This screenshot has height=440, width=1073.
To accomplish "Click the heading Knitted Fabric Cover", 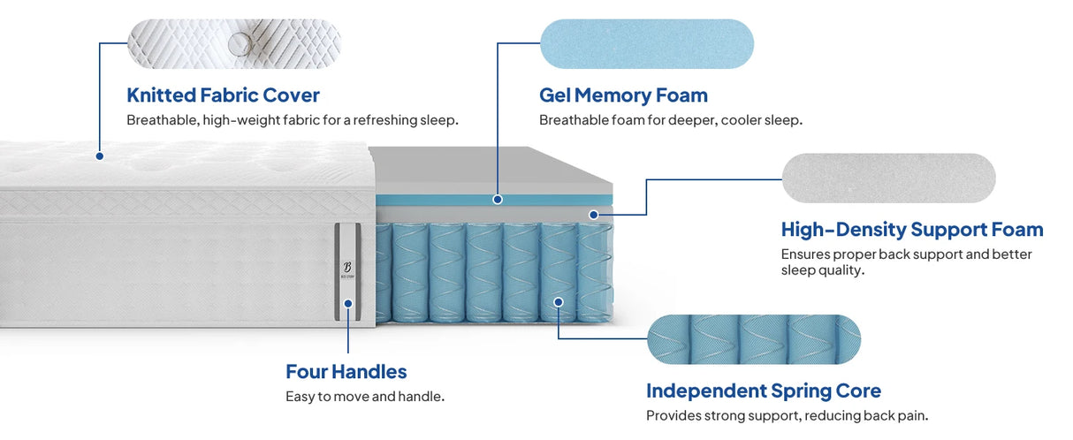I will tap(223, 95).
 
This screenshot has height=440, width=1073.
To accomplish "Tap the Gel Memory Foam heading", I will tap(623, 95).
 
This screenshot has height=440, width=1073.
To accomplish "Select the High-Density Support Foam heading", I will tap(911, 230).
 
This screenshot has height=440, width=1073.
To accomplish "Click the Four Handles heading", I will tap(346, 371).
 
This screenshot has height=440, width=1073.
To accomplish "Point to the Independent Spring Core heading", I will tap(763, 391).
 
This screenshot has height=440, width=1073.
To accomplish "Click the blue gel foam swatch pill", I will tap(646, 43).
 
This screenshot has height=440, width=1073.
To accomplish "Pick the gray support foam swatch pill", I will tap(888, 178).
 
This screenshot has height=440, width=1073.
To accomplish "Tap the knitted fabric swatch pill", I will tap(233, 43).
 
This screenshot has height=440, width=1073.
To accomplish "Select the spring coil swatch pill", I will tap(753, 338).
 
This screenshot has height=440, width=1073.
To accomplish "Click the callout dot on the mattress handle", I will tap(348, 303).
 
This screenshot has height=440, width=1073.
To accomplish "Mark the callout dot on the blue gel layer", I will tap(498, 200).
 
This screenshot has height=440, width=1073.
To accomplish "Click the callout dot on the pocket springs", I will tap(559, 302).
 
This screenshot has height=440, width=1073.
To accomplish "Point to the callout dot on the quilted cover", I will tap(100, 156).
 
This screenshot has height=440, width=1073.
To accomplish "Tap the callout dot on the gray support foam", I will tap(594, 214).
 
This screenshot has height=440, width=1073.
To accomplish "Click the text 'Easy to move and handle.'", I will tap(364, 397).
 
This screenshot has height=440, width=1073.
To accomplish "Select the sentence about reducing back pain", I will tap(787, 415).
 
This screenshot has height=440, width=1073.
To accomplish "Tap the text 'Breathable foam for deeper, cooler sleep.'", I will tap(670, 120).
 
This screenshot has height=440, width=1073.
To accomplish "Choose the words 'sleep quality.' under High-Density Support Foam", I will tap(822, 270).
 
